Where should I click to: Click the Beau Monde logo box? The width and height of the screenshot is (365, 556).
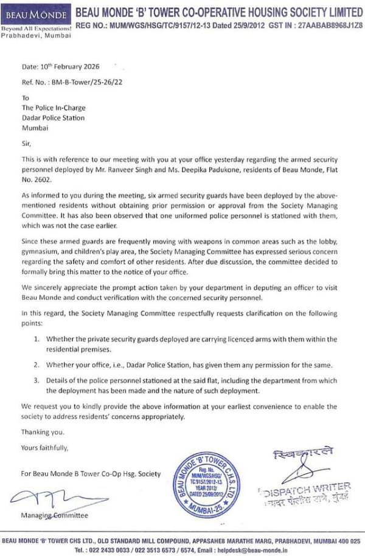36,14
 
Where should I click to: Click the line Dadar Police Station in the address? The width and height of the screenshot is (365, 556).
54,118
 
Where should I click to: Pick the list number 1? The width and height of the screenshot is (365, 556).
36,338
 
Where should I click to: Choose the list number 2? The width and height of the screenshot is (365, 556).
36,364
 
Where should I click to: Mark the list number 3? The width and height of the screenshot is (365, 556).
36,381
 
